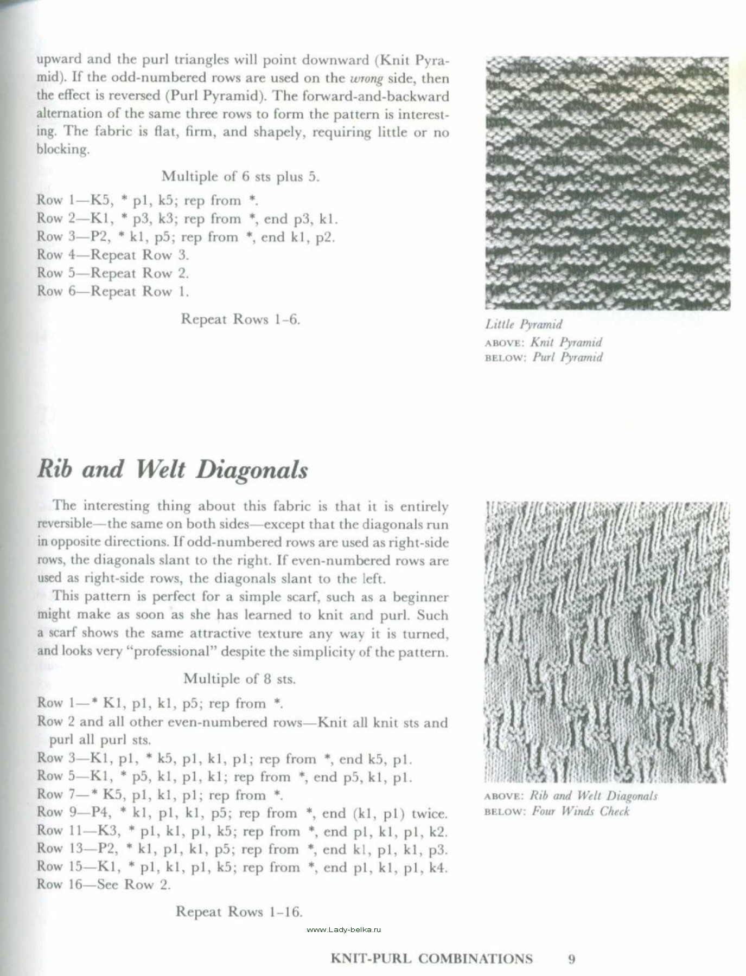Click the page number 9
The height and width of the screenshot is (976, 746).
pyautogui.click(x=571, y=959)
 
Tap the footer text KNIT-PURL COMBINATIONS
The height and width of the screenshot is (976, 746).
pyautogui.click(x=431, y=959)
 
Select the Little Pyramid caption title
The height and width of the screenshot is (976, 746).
pyautogui.click(x=524, y=325)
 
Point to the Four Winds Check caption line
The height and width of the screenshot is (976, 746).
pyautogui.click(x=557, y=811)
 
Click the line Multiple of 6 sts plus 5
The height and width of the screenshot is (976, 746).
pyautogui.click(x=241, y=177)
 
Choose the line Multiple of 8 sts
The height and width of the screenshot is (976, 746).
pyautogui.click(x=239, y=678)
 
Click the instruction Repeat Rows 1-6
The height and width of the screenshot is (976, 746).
pyautogui.click(x=240, y=319)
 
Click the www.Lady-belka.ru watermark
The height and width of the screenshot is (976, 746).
pyautogui.click(x=345, y=929)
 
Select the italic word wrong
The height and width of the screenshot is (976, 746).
pyautogui.click(x=367, y=78)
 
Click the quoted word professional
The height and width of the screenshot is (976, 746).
pyautogui.click(x=172, y=651)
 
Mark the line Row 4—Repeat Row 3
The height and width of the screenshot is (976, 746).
pyautogui.click(x=113, y=255)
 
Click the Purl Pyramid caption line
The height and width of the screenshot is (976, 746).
pyautogui.click(x=544, y=357)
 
